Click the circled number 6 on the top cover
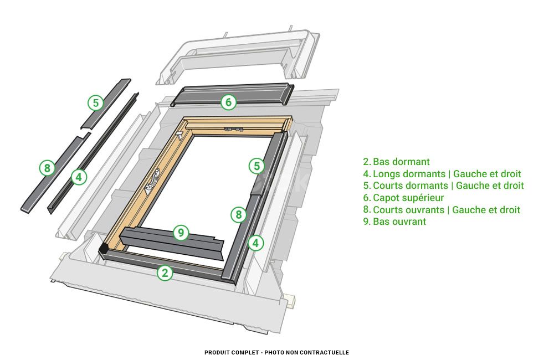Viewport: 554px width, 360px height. [x=228, y=102]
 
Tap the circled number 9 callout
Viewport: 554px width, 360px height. [x=181, y=233]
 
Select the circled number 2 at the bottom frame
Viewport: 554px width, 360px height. [x=165, y=272]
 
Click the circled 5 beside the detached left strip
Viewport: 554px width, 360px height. [x=96, y=102]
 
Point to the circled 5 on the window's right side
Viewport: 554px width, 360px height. [x=255, y=166]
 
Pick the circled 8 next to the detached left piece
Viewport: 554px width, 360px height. [x=47, y=168]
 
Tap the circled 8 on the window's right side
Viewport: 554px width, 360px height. [x=238, y=214]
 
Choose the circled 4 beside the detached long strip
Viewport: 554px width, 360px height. [x=79, y=177]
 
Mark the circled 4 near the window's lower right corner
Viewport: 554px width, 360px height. [x=255, y=243]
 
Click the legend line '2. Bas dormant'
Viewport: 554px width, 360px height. [x=396, y=162]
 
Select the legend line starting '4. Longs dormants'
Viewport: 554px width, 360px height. [x=442, y=174]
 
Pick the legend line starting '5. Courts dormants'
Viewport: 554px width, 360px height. [x=443, y=186]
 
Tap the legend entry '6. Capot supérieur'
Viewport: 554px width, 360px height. [x=403, y=198]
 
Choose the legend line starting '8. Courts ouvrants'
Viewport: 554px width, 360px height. [x=442, y=210]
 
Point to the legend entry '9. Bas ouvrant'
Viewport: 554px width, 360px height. [x=394, y=222]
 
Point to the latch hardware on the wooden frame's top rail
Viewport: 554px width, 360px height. [x=233, y=129]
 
